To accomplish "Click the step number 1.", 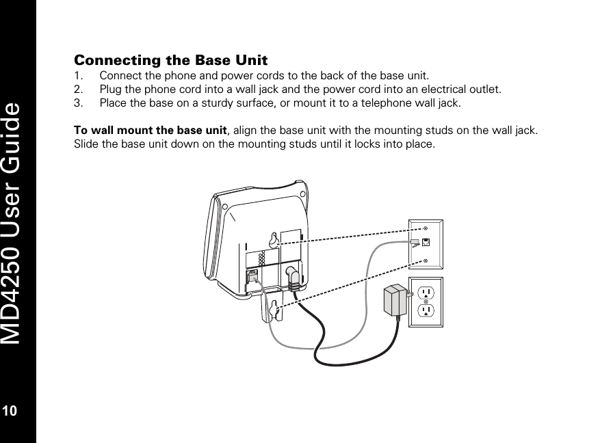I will click(78, 75).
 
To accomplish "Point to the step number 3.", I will click(78, 103).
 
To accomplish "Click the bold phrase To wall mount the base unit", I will click(149, 131).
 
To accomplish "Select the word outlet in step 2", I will click(485, 90).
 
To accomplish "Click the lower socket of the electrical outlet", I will click(426, 312).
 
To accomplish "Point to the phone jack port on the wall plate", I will click(426, 243).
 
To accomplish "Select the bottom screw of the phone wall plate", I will click(426, 260).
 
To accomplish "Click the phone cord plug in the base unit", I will click(253, 277).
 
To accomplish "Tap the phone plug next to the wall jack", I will click(414, 242).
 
